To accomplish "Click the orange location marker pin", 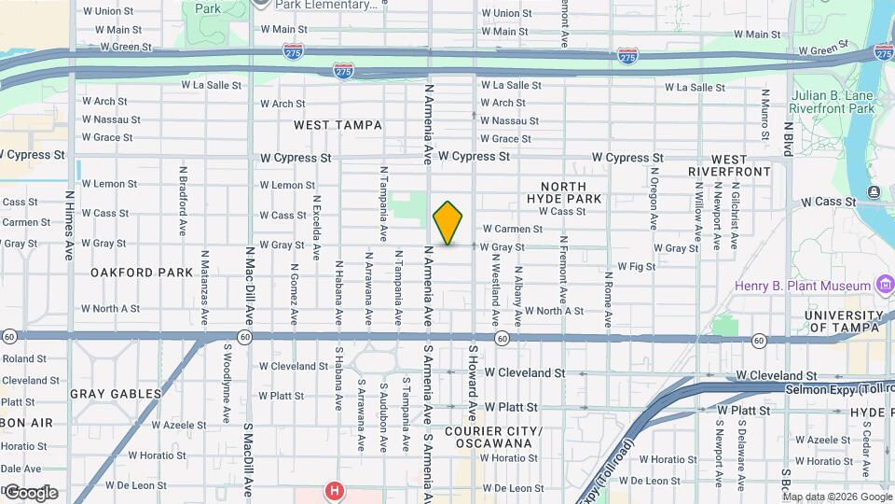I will point(448,223).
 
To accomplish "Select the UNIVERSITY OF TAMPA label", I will point(846,321).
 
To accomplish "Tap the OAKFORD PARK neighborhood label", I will point(142,273).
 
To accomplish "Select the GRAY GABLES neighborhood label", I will point(116,394).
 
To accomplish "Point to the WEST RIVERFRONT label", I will point(730,165).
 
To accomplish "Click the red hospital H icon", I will point(333,489).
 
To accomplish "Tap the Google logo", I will point(30,493).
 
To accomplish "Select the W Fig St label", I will point(637,267).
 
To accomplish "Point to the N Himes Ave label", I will point(70,225).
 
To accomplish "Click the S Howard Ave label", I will point(473,382).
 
